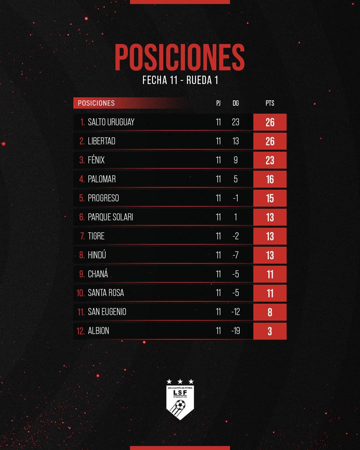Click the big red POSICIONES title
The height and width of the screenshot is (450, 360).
(x=180, y=57)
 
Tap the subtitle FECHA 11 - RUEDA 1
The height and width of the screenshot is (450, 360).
(x=180, y=80)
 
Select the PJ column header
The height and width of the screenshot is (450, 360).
(x=218, y=103)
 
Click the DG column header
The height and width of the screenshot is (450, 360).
(x=236, y=103)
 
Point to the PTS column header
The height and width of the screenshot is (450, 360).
(x=270, y=103)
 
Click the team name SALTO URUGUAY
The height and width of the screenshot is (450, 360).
(x=111, y=122)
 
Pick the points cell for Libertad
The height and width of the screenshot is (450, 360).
(x=270, y=141)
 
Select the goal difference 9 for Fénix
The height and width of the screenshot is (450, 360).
(x=236, y=160)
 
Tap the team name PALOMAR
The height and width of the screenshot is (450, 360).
(x=102, y=179)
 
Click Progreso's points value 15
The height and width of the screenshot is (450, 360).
(x=270, y=198)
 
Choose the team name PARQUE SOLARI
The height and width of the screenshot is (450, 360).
(x=110, y=217)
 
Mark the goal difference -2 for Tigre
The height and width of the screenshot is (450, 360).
(x=236, y=236)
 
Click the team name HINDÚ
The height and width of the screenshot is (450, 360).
(x=97, y=255)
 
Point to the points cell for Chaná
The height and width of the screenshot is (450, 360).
(x=270, y=274)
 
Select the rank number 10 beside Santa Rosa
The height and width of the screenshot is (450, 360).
(x=80, y=293)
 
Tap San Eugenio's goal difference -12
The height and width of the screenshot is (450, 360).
(x=236, y=312)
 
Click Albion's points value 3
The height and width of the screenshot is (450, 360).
(x=270, y=331)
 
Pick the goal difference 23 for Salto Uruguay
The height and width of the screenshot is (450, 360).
(x=236, y=122)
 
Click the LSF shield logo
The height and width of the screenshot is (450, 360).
(x=180, y=400)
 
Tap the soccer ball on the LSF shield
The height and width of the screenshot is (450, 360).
(x=180, y=406)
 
